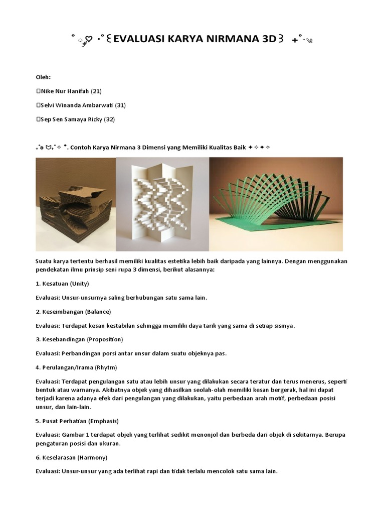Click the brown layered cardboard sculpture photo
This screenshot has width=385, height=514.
point(76,204)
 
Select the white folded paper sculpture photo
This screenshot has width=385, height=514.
point(162,204)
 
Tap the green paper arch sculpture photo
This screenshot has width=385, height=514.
point(276,204)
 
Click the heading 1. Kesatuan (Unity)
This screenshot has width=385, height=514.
point(62,284)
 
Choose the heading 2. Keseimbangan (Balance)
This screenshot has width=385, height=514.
point(73,312)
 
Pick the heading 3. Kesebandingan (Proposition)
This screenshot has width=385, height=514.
point(79,339)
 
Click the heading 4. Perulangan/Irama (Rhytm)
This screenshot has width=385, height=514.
point(76,367)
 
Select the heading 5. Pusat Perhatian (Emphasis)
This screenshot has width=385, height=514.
point(77,420)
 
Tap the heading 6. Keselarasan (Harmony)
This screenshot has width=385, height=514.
point(71,458)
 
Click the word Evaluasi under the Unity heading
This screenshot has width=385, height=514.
point(47,298)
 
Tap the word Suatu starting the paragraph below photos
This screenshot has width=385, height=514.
point(44,261)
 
